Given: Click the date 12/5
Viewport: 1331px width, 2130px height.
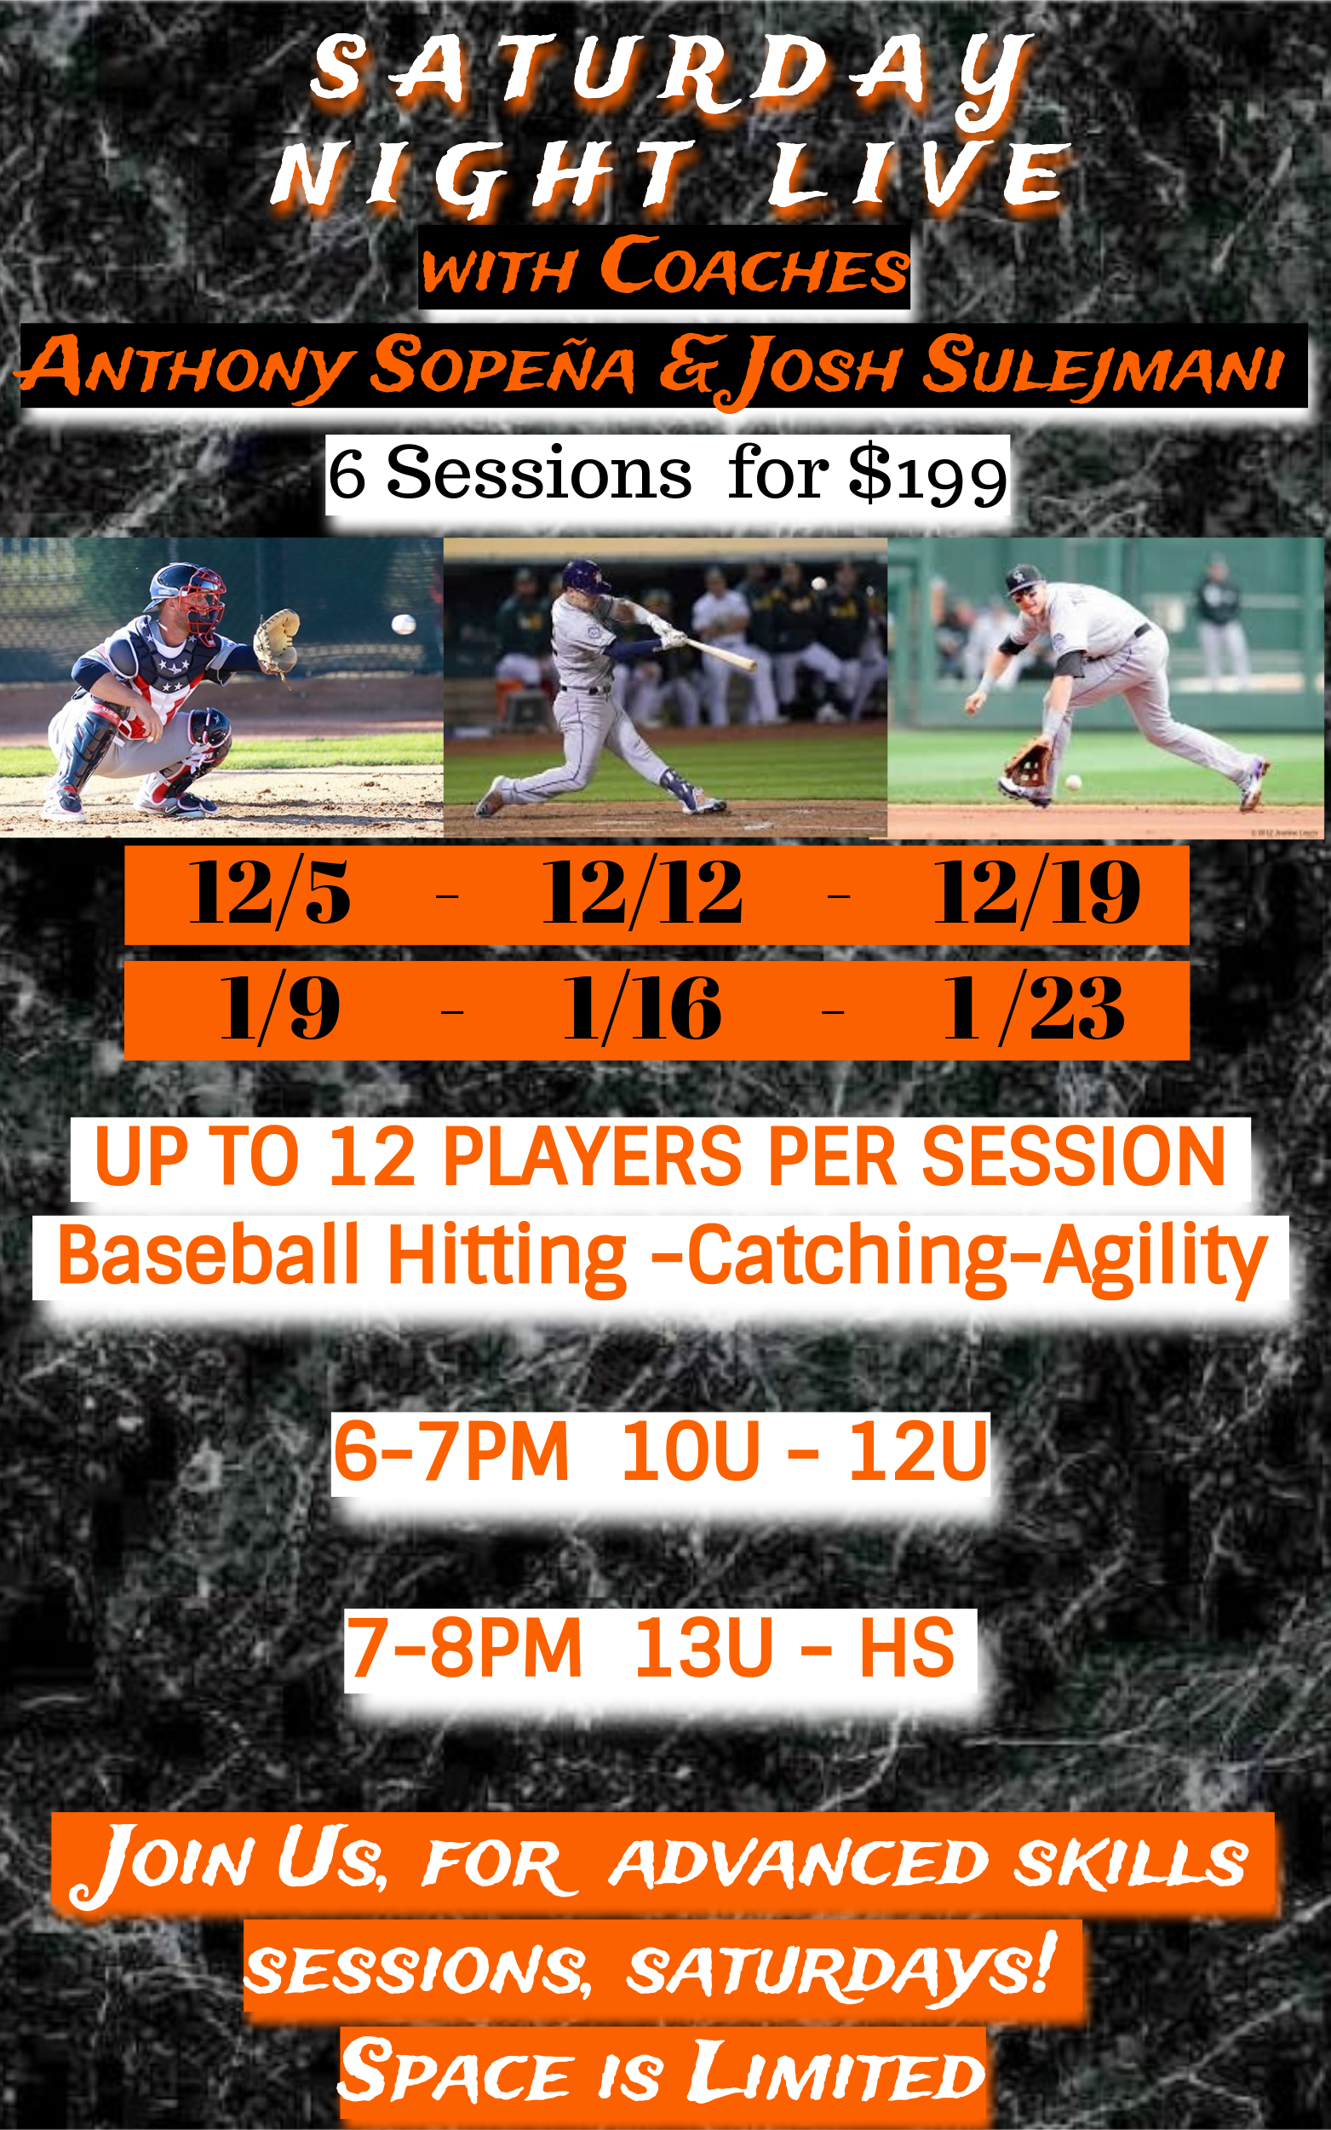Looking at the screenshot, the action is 269,894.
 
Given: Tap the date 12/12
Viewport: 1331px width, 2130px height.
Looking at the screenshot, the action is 642,893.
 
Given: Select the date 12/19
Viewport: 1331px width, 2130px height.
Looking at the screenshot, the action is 1036,893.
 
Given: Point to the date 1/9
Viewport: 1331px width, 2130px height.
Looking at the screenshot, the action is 279,1009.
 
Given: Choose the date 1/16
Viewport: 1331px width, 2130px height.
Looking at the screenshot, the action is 642,1009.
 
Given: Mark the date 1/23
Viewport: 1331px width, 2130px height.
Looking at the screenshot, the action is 1034,1009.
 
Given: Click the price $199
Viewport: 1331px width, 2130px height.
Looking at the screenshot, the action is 927,474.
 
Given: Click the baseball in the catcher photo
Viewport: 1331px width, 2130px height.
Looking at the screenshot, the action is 403,625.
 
